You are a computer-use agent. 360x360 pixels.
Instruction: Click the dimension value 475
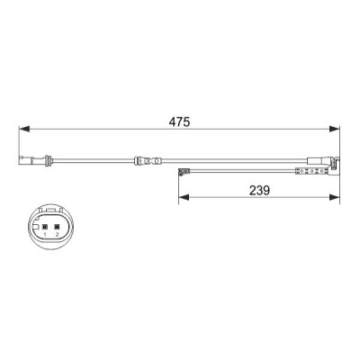179,121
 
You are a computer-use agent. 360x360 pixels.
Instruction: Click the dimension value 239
259,190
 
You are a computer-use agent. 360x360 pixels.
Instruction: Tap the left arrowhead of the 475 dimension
24,129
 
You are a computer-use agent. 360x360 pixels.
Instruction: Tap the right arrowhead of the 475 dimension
335,129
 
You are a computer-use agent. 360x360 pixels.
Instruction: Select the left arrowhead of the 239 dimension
184,197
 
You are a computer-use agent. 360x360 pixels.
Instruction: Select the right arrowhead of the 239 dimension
335,197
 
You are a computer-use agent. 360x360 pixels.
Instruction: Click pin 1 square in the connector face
45,227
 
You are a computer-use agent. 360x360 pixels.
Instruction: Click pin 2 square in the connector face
57,227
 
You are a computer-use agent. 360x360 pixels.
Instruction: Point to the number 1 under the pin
45,234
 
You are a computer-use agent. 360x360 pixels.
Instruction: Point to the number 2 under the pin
57,234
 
